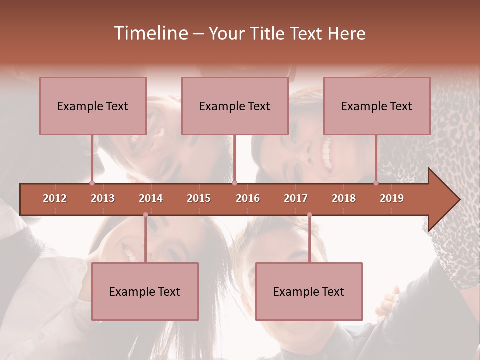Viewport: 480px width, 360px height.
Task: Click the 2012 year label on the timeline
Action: point(55,198)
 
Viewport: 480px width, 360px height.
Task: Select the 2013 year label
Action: point(103,198)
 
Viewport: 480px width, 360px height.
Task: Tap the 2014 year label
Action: point(151,198)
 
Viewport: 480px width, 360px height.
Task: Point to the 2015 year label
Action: point(199,198)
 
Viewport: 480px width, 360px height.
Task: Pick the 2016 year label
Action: point(248,198)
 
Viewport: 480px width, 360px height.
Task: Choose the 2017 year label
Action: point(296,198)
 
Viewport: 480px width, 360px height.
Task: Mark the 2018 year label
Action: point(344,198)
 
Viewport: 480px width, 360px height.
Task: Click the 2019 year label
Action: point(392,198)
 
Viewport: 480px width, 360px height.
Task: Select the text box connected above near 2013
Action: point(93,106)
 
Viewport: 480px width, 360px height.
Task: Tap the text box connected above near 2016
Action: point(235,106)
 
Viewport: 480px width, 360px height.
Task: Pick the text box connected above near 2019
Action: point(377,106)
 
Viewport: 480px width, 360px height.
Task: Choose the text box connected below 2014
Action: point(145,291)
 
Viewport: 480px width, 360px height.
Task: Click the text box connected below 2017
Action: point(309,291)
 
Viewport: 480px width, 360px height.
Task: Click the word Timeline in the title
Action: point(150,33)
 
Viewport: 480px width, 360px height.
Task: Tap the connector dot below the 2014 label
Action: point(145,215)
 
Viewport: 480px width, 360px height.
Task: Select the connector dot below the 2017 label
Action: point(309,215)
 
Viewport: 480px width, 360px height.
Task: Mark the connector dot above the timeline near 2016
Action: point(234,183)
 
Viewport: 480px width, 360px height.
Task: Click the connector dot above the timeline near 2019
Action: point(376,183)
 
